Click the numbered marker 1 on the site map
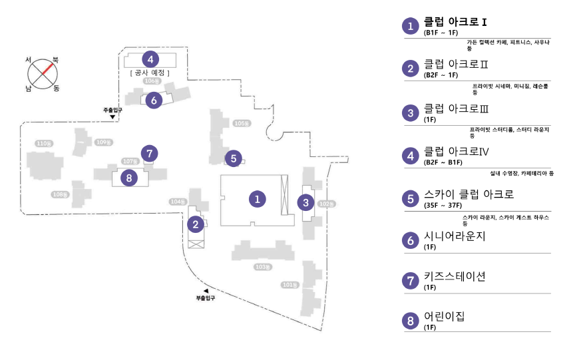257,198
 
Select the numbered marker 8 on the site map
128,178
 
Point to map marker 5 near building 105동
232,158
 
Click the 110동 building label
44,143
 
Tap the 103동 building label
264,267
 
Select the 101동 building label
289,285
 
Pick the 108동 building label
60,194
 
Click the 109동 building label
103,142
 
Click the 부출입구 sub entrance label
206,297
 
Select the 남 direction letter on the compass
28,87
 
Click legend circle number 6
411,240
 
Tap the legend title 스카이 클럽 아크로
469,195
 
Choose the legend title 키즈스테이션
455,276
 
